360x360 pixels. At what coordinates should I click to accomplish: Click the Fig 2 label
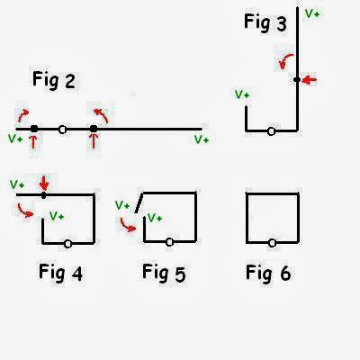(54, 80)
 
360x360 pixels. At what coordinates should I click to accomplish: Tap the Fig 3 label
(265, 22)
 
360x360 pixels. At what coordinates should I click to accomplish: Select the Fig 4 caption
(60, 273)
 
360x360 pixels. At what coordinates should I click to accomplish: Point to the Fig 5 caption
(164, 273)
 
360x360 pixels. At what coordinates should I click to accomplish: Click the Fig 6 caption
(268, 273)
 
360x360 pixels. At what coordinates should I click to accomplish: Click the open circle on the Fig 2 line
(62, 130)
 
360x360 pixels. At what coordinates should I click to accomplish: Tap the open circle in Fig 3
(271, 131)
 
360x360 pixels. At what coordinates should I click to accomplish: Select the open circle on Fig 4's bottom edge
(68, 244)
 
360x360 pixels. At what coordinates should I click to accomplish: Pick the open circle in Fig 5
(169, 242)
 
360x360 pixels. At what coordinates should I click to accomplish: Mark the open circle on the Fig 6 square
(272, 243)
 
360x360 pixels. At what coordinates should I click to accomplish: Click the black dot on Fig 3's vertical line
(297, 80)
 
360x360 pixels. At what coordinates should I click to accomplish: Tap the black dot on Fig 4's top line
(44, 195)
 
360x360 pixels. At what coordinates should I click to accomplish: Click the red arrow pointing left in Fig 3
(309, 80)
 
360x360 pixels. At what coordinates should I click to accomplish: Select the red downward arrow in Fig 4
(44, 183)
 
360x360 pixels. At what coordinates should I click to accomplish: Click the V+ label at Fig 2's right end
(202, 139)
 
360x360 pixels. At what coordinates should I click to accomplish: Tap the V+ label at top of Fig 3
(312, 13)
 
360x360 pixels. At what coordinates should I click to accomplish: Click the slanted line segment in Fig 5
(139, 202)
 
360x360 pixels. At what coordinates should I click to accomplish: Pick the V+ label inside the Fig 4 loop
(57, 216)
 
